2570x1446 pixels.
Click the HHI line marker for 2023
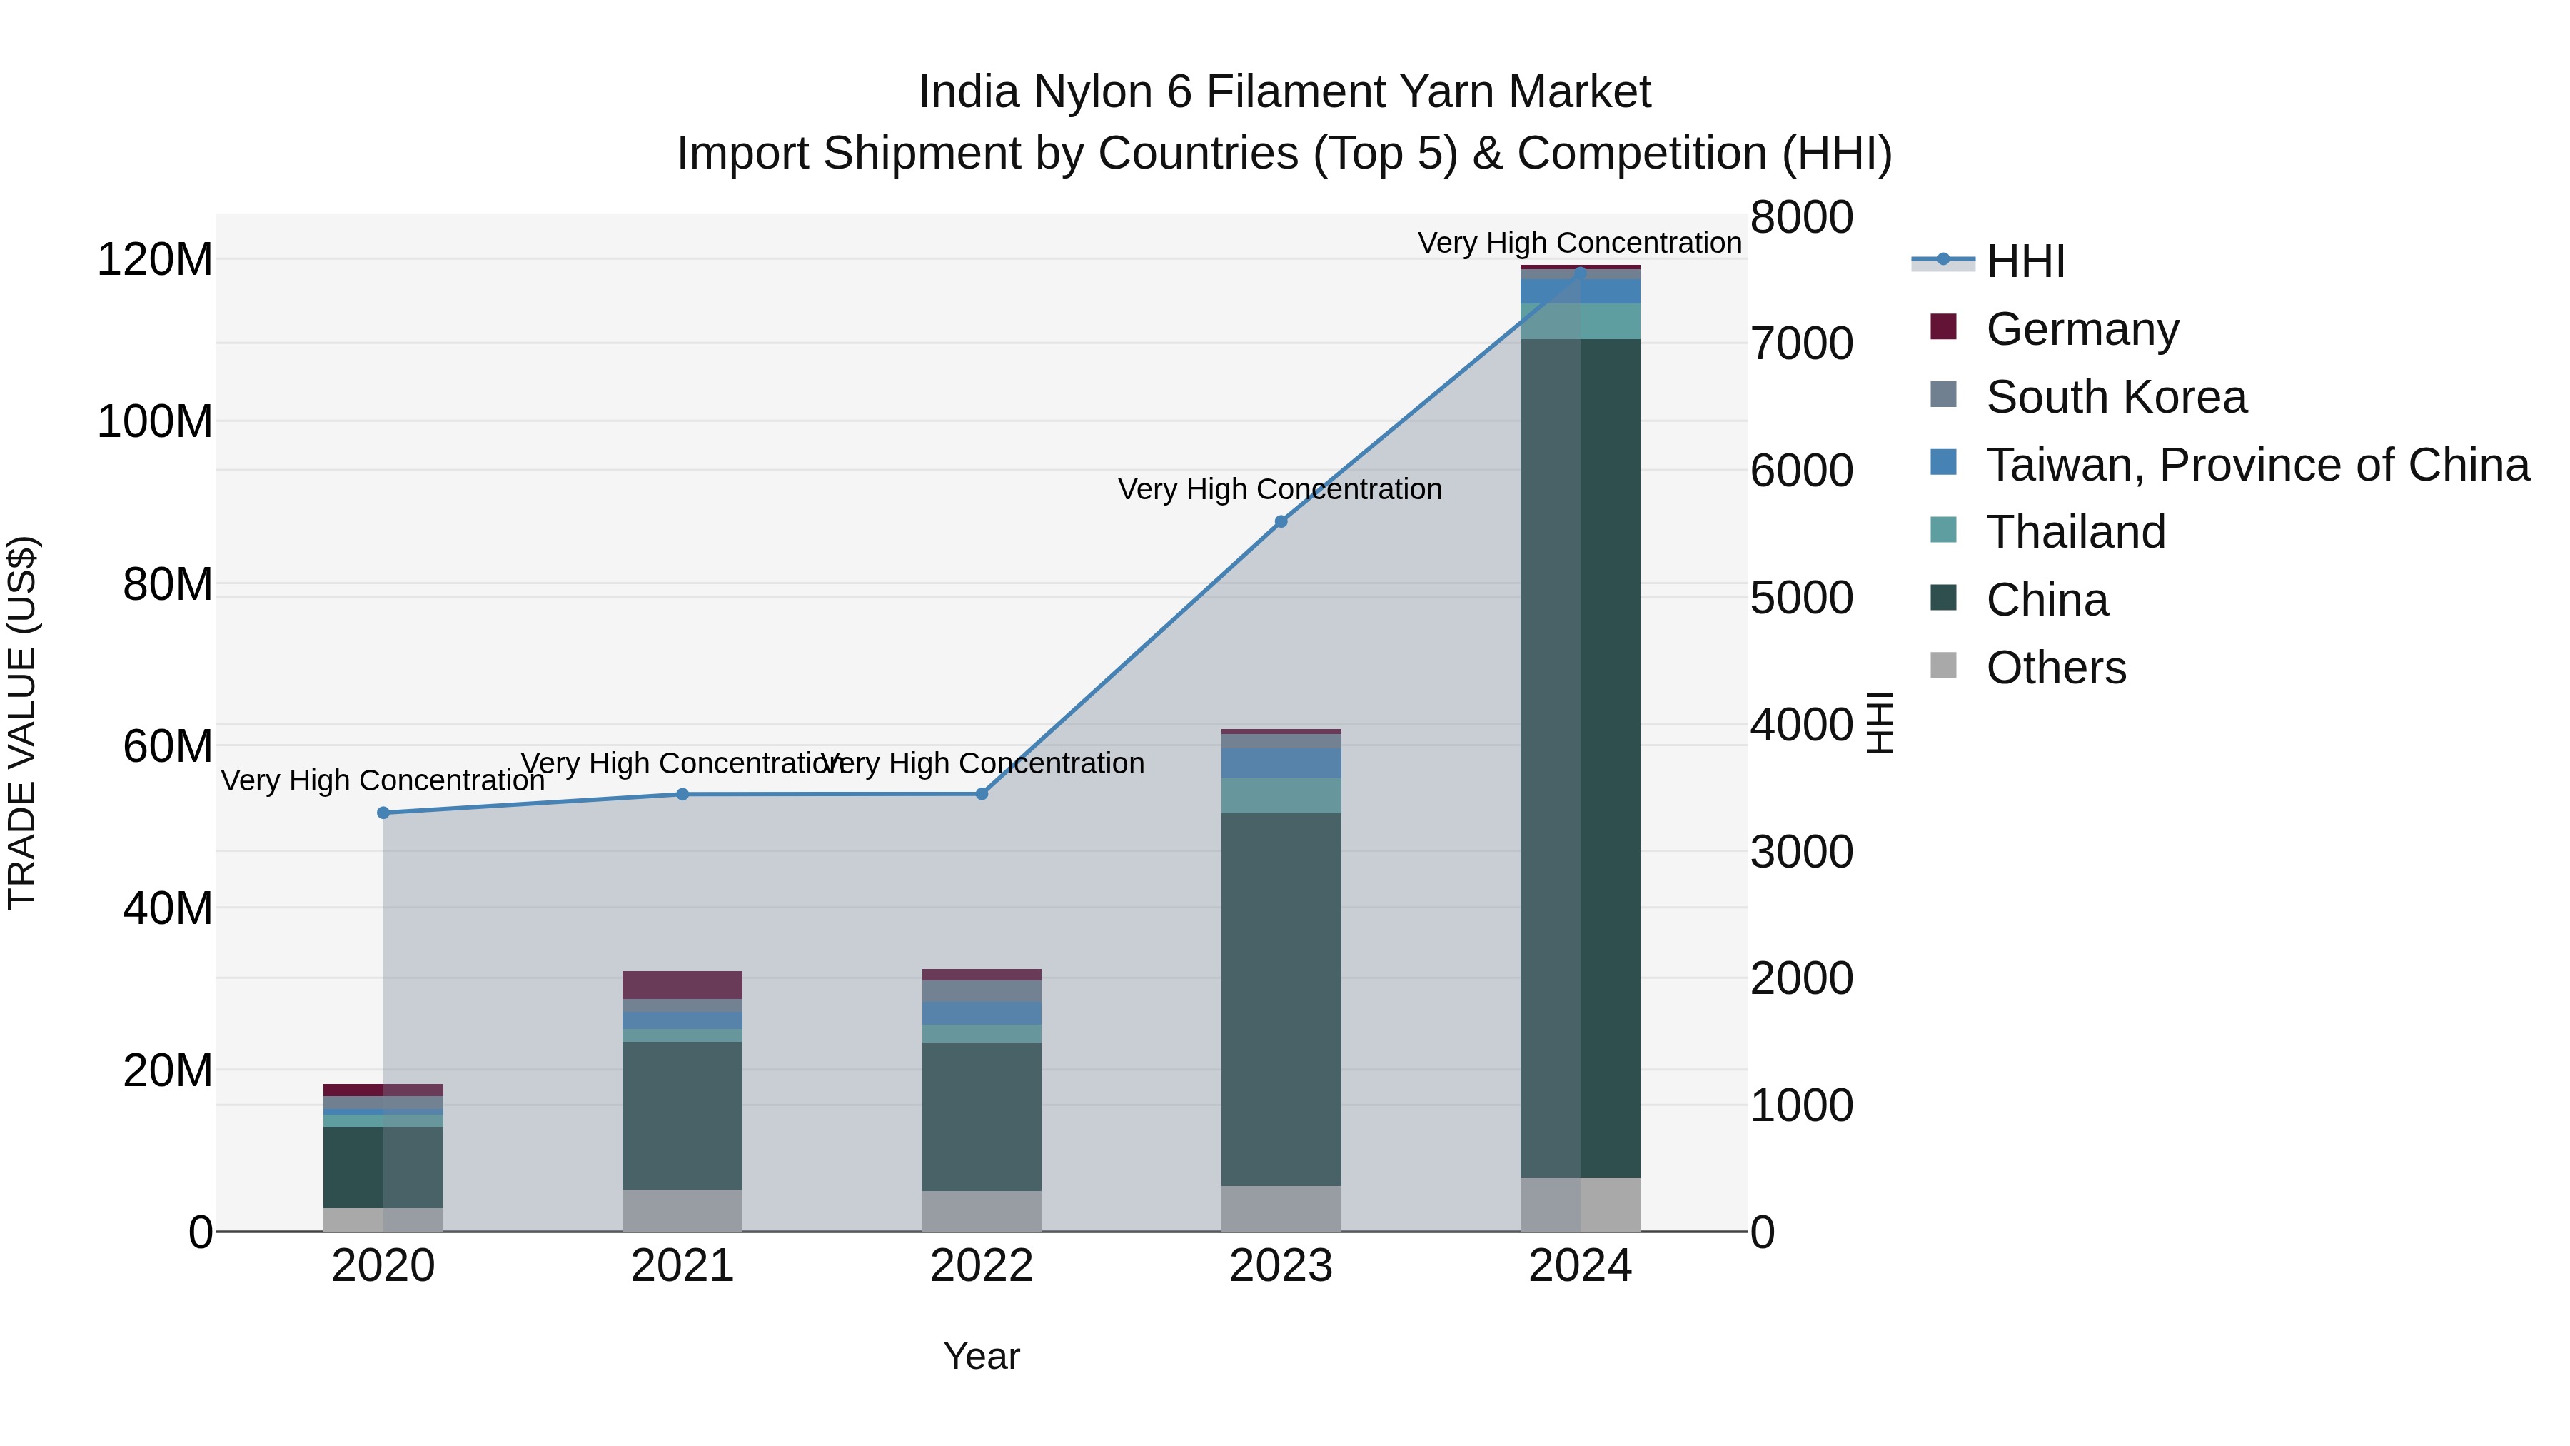(1281, 521)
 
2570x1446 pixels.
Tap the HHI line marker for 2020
(383, 813)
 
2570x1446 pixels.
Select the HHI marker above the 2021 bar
(682, 794)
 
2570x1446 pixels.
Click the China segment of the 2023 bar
(1281, 998)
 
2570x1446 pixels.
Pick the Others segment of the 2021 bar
(682, 1210)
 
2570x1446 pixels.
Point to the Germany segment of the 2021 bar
(682, 985)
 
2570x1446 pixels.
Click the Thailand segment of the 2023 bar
(1281, 795)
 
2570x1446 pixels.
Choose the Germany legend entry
(2082, 328)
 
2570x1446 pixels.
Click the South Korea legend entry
(2115, 396)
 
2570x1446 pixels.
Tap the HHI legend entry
(2025, 261)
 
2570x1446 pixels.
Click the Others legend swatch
(1943, 666)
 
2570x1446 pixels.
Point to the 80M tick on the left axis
(168, 585)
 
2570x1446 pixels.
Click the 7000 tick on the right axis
(1802, 343)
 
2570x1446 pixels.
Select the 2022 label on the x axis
(982, 1266)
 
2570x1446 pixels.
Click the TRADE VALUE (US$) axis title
(22, 723)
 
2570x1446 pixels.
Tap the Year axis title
(982, 1356)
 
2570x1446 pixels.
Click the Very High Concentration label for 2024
(1579, 243)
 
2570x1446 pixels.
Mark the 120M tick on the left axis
(155, 259)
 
